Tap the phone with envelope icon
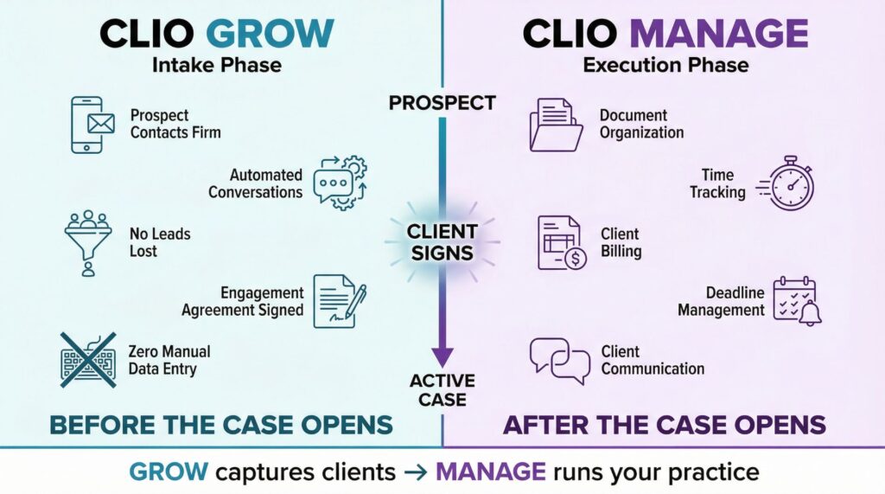[92, 125]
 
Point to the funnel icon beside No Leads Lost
[87, 241]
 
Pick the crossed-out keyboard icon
[88, 360]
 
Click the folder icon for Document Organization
[555, 125]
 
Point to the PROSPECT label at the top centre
[442, 103]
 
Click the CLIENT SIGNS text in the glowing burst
[442, 242]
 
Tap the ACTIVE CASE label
[442, 390]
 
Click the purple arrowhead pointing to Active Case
[442, 356]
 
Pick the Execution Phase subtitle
[665, 65]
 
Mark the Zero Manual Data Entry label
[169, 360]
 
